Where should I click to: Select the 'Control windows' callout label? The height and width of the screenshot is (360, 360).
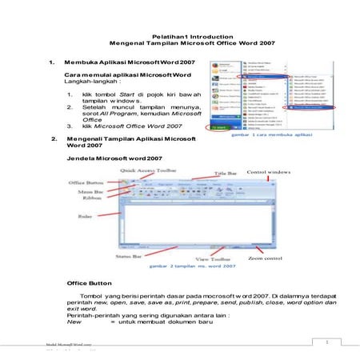point(267,172)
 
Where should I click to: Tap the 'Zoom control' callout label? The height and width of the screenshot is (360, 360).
point(266,259)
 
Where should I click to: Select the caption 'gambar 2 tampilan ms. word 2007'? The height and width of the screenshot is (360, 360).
point(189,266)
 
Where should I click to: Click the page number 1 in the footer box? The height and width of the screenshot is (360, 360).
point(327,342)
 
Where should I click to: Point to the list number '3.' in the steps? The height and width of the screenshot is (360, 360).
point(73,126)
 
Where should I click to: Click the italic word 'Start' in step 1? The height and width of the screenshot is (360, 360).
point(128,95)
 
